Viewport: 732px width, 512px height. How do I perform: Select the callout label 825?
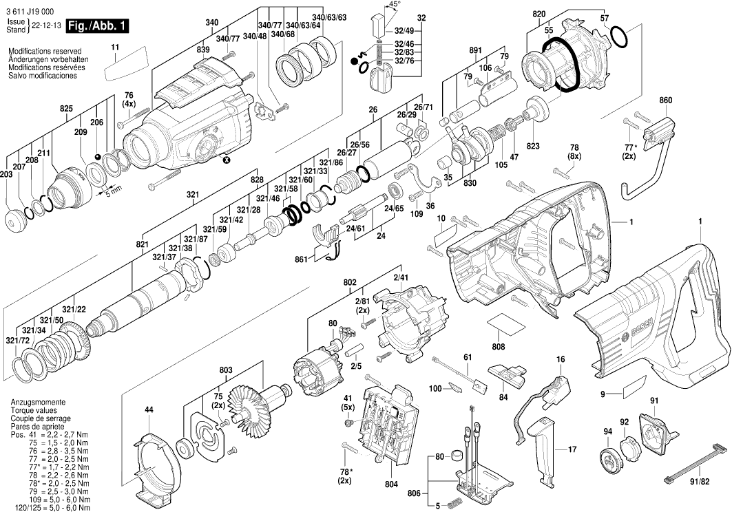click(66, 109)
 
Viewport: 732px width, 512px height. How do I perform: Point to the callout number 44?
click(149, 411)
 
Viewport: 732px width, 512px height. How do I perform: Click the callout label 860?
click(665, 101)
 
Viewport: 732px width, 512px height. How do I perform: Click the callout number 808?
click(499, 346)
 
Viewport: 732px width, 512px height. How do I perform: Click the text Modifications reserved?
click(45, 52)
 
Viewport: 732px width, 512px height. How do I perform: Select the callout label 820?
click(538, 13)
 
